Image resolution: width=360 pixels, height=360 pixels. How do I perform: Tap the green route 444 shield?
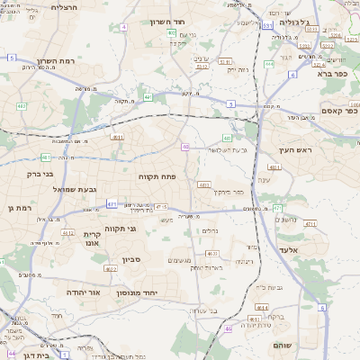click(x=270, y=64)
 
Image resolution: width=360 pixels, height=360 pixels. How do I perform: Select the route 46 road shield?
click(x=229, y=328)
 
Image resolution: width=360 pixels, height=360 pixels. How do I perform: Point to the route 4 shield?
click(x=122, y=27)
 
